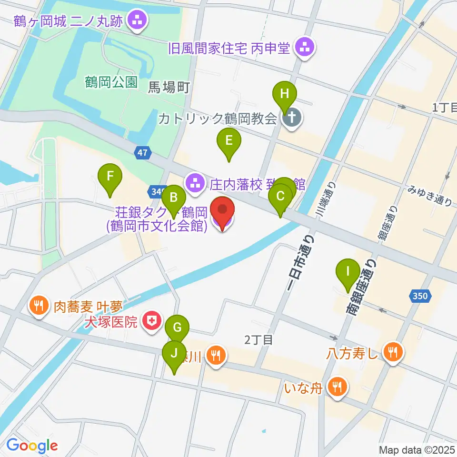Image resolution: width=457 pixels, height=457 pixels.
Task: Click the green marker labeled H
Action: pos(284,94)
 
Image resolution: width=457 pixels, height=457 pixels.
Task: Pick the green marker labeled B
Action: pos(174,198)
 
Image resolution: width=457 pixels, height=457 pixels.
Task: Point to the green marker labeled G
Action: pos(177,328)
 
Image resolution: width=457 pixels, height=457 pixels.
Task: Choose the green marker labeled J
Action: pos(174,354)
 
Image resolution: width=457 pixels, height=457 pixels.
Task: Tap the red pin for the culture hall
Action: pos(222,210)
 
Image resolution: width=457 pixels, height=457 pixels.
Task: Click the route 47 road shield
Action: pos(143,153)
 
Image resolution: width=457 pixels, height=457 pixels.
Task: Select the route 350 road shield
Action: pos(420,296)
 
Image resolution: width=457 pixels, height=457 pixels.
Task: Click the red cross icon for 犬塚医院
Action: pos(151,319)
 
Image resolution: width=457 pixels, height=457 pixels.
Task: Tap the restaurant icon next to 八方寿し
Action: pos(393,353)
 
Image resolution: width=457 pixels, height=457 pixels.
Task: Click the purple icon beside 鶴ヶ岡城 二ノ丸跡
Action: pos(139,20)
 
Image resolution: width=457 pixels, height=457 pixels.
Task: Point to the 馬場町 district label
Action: pos(169,87)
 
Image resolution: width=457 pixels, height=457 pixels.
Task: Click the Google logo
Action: pos(32,445)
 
